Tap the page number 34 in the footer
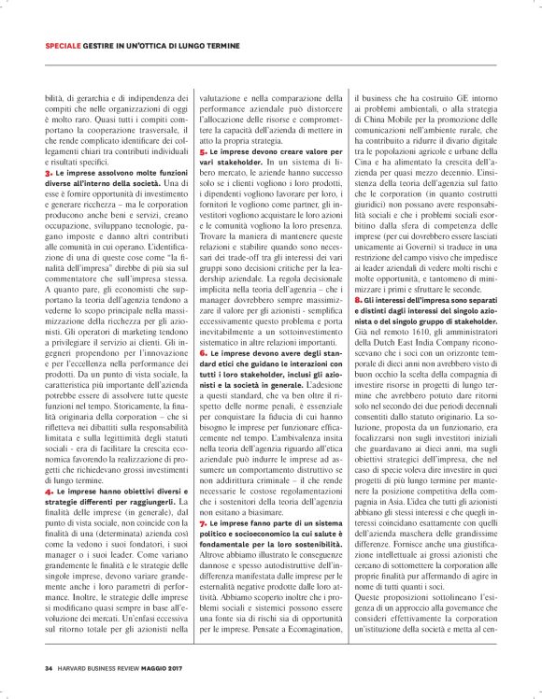[48, 668]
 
